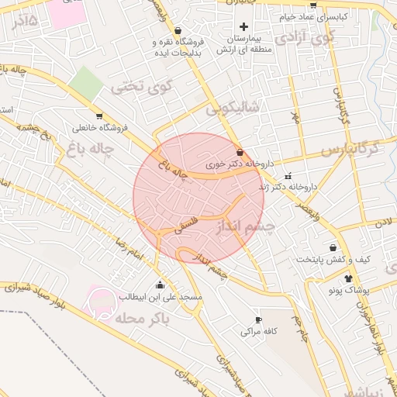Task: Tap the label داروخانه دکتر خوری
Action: click(x=236, y=165)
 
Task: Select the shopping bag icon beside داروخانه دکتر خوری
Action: click(x=240, y=153)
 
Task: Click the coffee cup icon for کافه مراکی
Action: click(x=258, y=319)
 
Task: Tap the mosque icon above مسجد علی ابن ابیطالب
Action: click(x=161, y=285)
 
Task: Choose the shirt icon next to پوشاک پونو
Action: click(x=347, y=278)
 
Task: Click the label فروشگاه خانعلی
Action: click(x=98, y=128)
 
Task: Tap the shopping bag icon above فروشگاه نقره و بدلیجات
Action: click(x=178, y=30)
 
